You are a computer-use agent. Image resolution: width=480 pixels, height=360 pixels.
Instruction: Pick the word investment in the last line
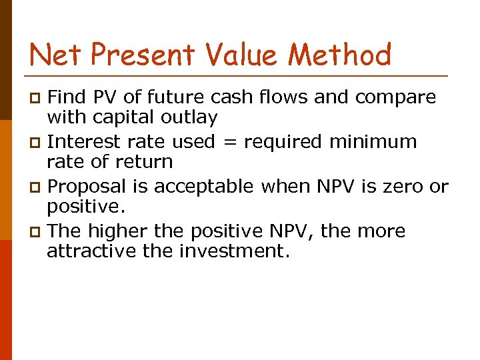[237, 251]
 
